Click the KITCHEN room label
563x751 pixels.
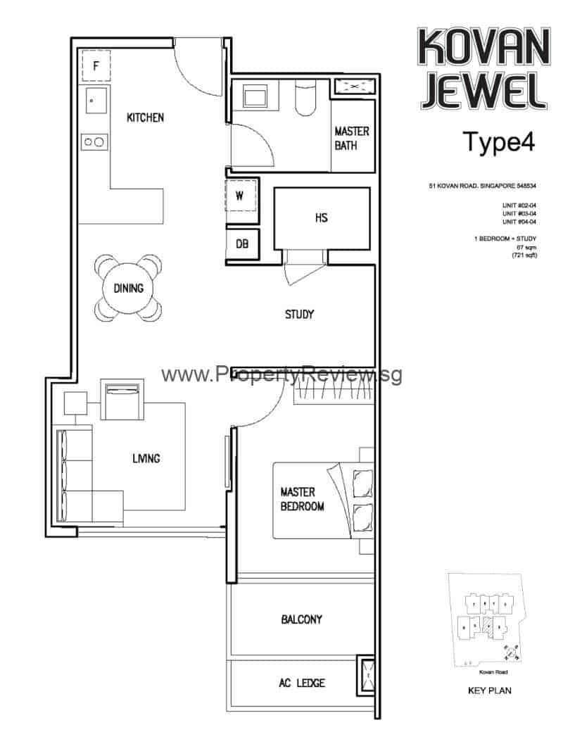(145, 118)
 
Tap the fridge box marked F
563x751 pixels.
(97, 68)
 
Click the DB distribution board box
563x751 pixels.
(242, 244)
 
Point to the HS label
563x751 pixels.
(321, 218)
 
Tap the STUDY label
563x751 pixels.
(299, 315)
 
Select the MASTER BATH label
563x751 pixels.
(351, 139)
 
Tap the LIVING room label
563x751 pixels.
(146, 458)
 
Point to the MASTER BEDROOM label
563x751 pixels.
(302, 499)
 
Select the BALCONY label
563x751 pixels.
(301, 619)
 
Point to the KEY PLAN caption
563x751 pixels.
(489, 690)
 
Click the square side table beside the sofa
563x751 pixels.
(75, 403)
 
